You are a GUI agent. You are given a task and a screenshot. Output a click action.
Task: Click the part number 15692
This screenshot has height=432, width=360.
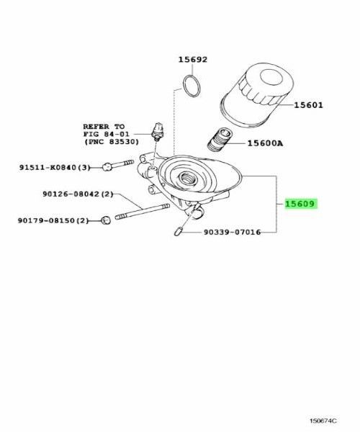(192, 61)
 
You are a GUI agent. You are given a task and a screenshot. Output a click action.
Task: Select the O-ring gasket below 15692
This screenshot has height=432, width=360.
(192, 84)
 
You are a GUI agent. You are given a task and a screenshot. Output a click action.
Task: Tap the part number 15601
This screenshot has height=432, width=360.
(308, 105)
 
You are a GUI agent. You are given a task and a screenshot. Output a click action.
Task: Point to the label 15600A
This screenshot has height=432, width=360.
(265, 143)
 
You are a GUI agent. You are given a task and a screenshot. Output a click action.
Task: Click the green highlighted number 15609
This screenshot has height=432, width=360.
(302, 204)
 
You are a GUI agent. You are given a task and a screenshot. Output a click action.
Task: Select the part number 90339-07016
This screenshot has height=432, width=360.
(230, 232)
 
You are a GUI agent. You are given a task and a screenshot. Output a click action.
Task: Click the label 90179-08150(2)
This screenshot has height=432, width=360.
(51, 220)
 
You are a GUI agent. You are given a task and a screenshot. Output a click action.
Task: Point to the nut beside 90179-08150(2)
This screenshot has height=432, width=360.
(105, 220)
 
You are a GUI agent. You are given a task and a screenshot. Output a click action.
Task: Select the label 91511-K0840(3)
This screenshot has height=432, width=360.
(55, 167)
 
